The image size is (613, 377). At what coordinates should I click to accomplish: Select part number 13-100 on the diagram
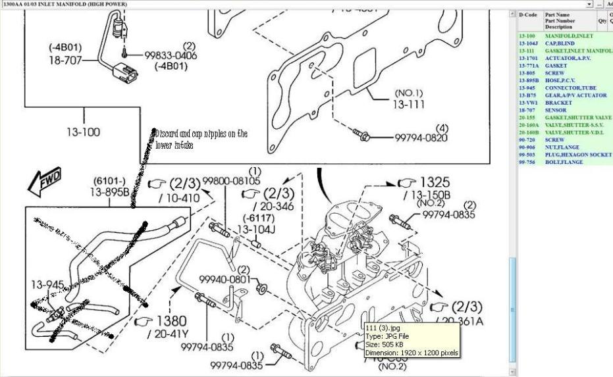point(84,132)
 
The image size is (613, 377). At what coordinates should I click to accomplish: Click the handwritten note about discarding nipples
point(201,139)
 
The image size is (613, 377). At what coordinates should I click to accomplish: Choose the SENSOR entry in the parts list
point(556,111)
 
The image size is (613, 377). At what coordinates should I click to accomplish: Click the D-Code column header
point(528,14)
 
